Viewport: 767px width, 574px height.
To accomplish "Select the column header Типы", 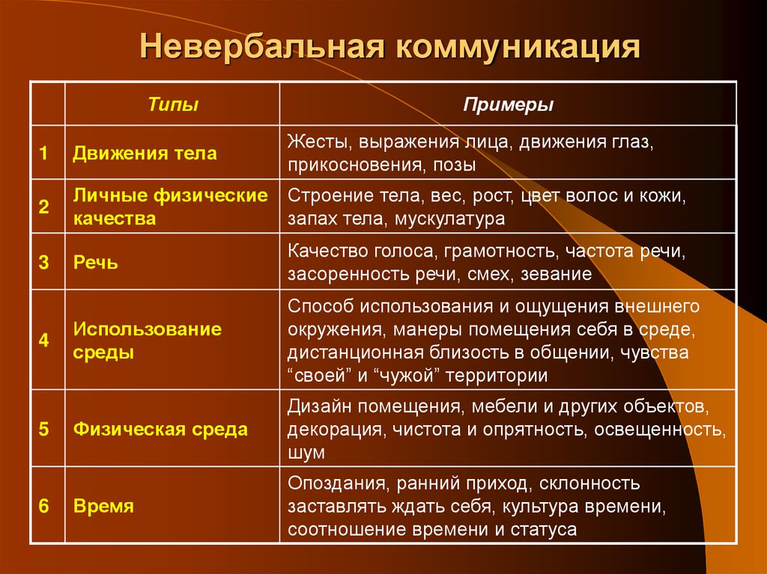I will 173,105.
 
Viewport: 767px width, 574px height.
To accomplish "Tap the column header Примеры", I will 509,105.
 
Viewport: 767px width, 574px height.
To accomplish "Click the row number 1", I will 45,153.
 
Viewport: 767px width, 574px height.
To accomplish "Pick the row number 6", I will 45,506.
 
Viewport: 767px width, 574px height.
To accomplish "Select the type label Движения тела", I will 145,153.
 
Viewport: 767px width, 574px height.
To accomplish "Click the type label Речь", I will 95,263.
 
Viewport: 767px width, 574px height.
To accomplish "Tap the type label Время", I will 103,506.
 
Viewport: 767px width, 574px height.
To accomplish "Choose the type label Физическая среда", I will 160,430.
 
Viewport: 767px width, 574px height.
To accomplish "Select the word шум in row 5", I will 306,453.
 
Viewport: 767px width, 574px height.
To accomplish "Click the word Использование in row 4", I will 148,329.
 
